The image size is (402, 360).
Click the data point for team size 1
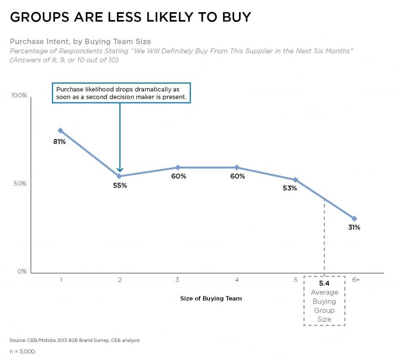click(60, 130)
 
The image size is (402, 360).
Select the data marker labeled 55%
click(119, 176)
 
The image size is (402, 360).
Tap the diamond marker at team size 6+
click(354, 218)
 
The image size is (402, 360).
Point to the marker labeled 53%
click(296, 180)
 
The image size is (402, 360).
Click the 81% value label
click(59, 141)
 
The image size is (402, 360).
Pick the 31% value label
click(354, 227)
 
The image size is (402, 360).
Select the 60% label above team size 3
click(178, 176)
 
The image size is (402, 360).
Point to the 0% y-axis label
click(22, 271)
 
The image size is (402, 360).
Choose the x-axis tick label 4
click(237, 280)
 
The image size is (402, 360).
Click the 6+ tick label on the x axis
click(356, 280)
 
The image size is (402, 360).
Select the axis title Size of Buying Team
click(211, 298)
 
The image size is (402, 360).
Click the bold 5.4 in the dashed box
click(324, 283)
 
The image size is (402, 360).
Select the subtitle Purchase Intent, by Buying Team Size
click(80, 41)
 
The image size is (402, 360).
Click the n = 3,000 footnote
click(23, 351)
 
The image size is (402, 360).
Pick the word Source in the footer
click(17, 340)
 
